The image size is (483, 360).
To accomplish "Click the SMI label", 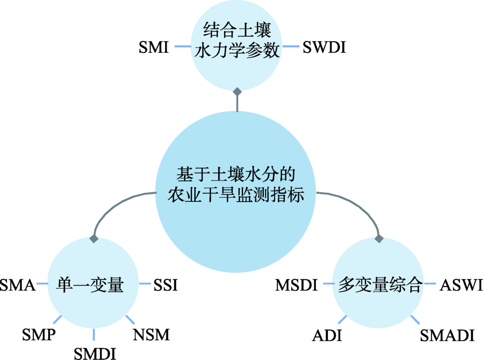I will (153, 47).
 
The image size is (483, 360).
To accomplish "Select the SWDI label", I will (324, 47).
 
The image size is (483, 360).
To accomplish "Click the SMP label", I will (39, 334).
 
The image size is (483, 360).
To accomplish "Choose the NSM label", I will (151, 334).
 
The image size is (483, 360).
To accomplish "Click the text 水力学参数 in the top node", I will (237, 51).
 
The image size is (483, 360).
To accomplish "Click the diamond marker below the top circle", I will (237, 91).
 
